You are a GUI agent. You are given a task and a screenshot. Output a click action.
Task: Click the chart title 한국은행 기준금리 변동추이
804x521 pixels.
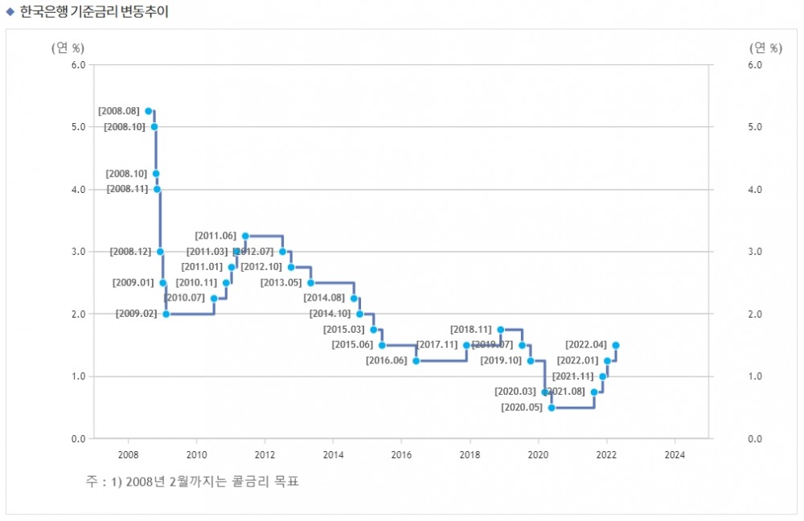click(x=94, y=11)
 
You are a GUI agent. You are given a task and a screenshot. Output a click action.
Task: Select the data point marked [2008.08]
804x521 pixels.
click(x=148, y=111)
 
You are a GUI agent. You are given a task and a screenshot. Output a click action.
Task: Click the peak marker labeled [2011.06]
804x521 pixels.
click(x=245, y=236)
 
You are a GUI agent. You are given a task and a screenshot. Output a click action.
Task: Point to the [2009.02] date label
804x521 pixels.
click(x=136, y=314)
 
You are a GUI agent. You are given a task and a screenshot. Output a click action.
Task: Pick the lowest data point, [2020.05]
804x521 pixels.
click(x=552, y=408)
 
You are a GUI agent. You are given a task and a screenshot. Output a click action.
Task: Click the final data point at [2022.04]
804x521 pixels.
click(x=616, y=345)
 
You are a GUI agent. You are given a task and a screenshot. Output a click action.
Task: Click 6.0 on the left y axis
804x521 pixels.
click(x=78, y=64)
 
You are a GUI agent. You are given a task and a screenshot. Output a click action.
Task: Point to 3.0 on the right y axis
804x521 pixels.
click(x=754, y=252)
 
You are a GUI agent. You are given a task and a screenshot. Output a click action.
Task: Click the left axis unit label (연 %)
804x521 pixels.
click(x=68, y=47)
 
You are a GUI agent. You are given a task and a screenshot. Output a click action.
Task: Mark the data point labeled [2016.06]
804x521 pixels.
click(x=416, y=361)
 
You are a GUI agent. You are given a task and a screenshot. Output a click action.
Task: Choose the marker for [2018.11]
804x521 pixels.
click(x=500, y=330)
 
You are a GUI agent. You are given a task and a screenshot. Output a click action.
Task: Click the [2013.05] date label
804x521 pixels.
click(x=281, y=283)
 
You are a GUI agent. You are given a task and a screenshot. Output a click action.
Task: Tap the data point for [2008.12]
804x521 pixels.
click(x=160, y=252)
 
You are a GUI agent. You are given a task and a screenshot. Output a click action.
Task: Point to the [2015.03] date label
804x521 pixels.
click(x=343, y=330)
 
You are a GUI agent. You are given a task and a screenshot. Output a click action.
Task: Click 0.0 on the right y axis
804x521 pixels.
click(x=754, y=438)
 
